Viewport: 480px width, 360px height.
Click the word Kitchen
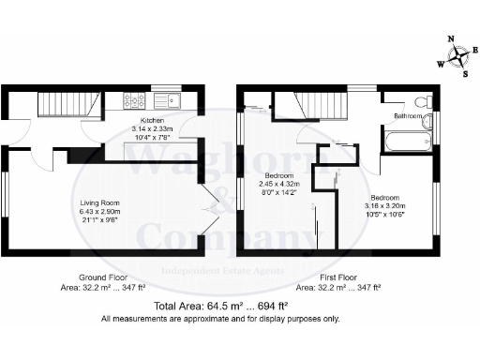coord(153,121)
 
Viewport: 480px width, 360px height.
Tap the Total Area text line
coord(221,307)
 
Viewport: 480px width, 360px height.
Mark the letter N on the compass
coord(451,39)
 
